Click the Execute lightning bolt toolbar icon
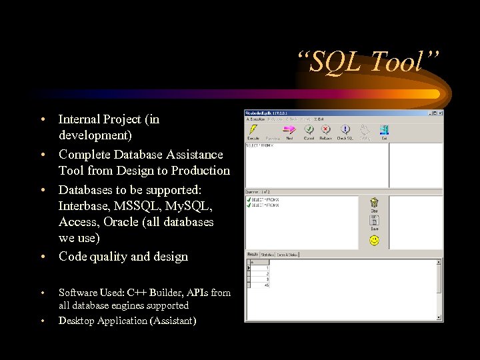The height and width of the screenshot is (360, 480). [253, 130]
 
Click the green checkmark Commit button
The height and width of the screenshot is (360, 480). [308, 130]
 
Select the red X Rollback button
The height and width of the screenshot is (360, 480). [326, 130]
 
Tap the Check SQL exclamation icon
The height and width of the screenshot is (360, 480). [345, 130]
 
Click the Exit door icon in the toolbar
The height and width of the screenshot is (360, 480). [384, 130]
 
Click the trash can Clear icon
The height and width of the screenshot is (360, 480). [374, 202]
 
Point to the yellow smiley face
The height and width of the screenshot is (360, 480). [374, 240]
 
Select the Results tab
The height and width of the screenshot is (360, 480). [253, 254]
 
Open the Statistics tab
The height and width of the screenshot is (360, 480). [267, 254]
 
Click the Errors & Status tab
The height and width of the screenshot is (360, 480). [288, 254]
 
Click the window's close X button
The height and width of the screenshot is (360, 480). [439, 113]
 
